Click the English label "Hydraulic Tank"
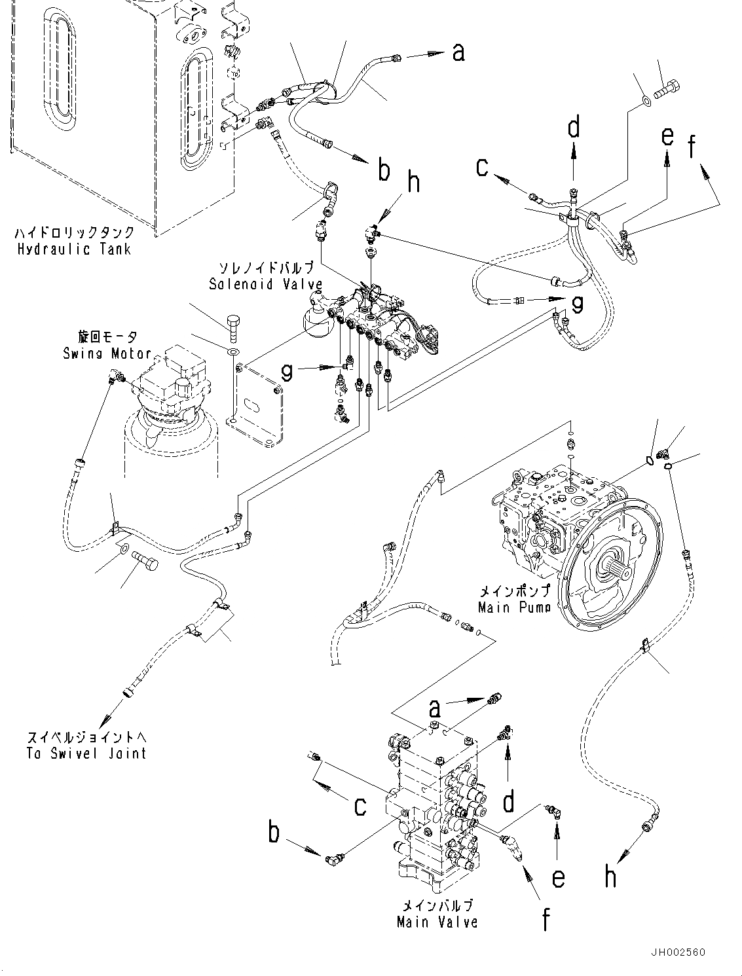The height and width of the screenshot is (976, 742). [74, 249]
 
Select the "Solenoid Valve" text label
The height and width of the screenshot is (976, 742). [266, 284]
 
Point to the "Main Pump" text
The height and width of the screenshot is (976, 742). [513, 607]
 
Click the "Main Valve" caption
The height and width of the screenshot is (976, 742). [437, 922]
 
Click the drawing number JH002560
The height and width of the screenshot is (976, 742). [678, 952]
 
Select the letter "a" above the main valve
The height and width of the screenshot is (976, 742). [435, 708]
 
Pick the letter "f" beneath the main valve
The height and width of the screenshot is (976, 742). [546, 918]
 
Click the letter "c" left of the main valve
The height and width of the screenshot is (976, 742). [360, 806]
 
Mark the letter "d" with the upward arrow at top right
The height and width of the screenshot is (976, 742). [574, 128]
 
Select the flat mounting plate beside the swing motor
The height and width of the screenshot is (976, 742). [257, 411]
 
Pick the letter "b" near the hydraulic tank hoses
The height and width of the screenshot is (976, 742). [384, 171]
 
